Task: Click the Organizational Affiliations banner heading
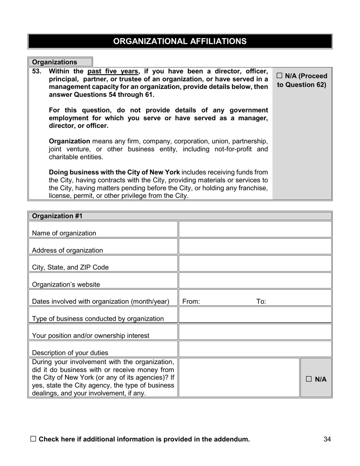[x=180, y=41]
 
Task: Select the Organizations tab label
[x=54, y=62]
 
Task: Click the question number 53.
[x=36, y=71]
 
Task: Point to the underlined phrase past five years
[x=113, y=71]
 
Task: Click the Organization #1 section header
[x=57, y=216]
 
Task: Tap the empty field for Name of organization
[x=255, y=230]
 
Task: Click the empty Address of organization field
[x=255, y=247]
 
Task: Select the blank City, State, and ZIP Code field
[x=255, y=264]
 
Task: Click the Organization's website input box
[x=255, y=281]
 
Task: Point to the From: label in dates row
[x=191, y=302]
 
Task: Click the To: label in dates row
[x=261, y=302]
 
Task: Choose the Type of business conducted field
[x=255, y=315]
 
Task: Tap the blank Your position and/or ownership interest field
[x=255, y=332]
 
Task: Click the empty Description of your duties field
[x=255, y=349]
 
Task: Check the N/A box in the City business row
[x=308, y=379]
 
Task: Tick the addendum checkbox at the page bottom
[x=33, y=439]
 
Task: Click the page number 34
[x=327, y=439]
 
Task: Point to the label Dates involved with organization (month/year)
[x=100, y=302]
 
